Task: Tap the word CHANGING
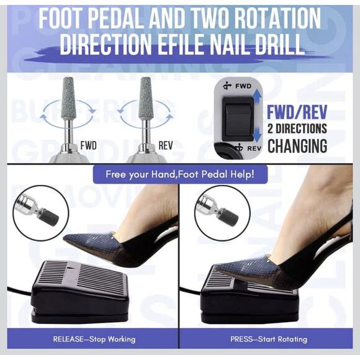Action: pyautogui.click(x=297, y=146)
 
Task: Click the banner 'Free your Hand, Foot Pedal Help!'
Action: pyautogui.click(x=180, y=174)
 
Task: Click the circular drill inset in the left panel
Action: pyautogui.click(x=40, y=212)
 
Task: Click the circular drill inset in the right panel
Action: pyautogui.click(x=222, y=212)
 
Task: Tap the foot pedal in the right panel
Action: pyautogui.click(x=248, y=292)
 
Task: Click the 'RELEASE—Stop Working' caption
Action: pyautogui.click(x=94, y=339)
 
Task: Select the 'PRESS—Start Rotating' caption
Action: pyautogui.click(x=273, y=339)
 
